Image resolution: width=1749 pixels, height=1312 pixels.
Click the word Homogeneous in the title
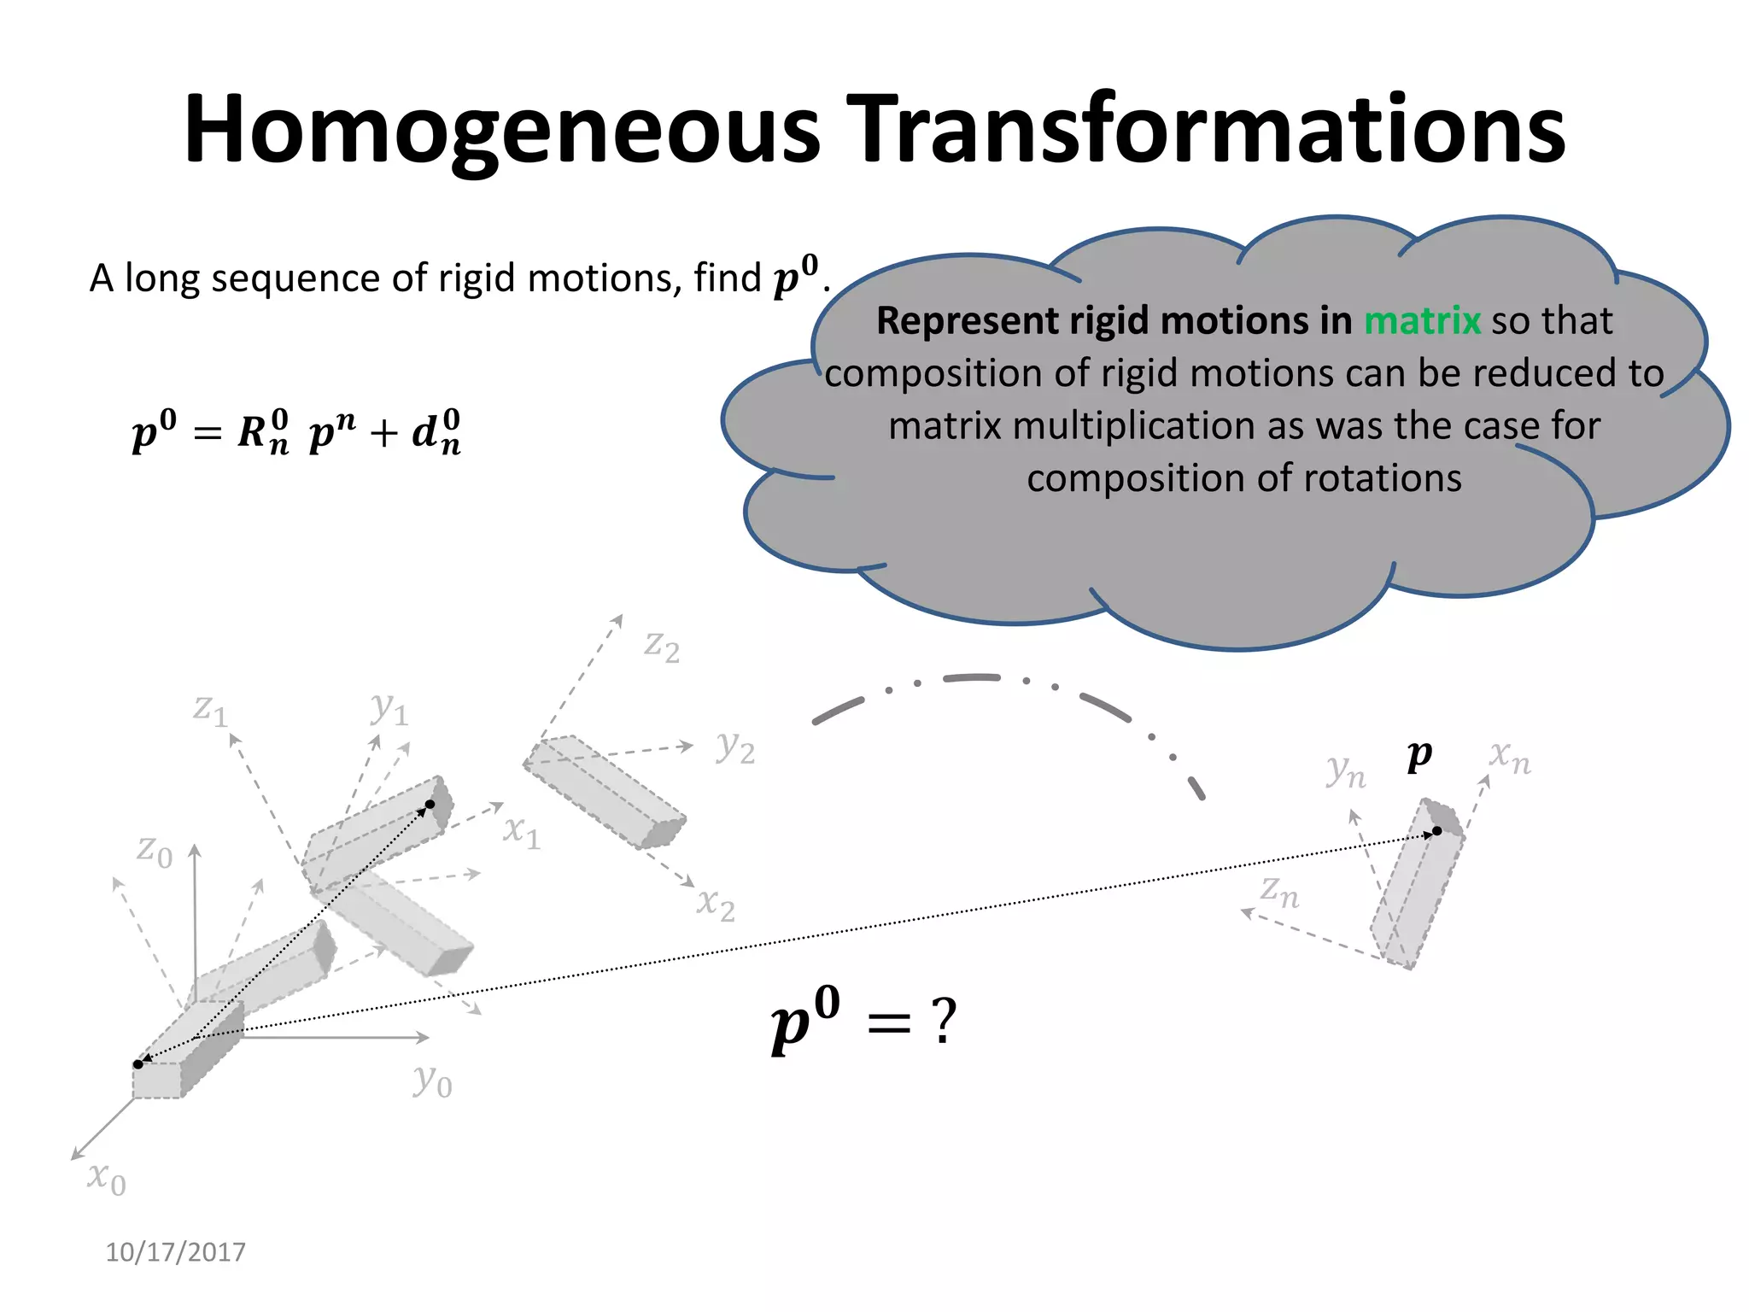[x=502, y=130]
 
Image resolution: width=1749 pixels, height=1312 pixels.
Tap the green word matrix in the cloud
[x=1421, y=321]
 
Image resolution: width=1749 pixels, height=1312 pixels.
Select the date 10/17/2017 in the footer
[x=175, y=1252]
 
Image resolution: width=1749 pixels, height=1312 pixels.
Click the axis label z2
[x=661, y=647]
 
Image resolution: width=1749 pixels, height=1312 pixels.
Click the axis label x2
[x=716, y=904]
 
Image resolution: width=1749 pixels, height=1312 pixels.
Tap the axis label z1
[x=210, y=709]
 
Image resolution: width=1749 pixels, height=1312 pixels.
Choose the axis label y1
[x=389, y=708]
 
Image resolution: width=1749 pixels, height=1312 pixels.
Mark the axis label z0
[x=155, y=851]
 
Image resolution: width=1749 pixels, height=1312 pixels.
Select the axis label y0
[x=432, y=1081]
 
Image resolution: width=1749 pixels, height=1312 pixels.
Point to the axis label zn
[x=1279, y=892]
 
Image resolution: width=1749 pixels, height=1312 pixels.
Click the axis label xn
[x=1509, y=757]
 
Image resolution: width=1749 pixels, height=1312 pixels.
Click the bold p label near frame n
[x=1419, y=755]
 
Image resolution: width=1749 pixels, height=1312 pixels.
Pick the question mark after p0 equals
[x=944, y=1021]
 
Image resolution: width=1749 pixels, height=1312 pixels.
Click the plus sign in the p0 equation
[x=384, y=434]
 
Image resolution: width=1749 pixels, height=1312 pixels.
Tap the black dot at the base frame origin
[x=138, y=1064]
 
